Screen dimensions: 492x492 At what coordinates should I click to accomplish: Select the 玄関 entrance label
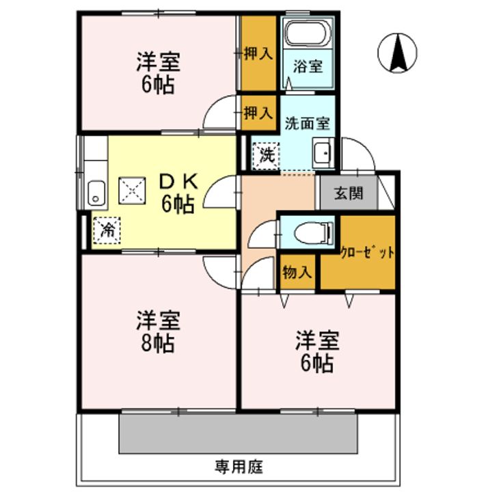point(348,193)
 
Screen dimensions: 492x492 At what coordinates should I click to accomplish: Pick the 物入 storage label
point(297,272)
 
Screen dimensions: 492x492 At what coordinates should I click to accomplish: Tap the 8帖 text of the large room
point(159,342)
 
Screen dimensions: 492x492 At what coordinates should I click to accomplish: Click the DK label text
point(178,181)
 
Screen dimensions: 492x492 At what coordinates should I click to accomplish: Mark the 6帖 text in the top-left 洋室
point(158,85)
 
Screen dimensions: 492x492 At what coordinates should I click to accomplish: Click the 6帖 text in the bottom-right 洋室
point(318,363)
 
